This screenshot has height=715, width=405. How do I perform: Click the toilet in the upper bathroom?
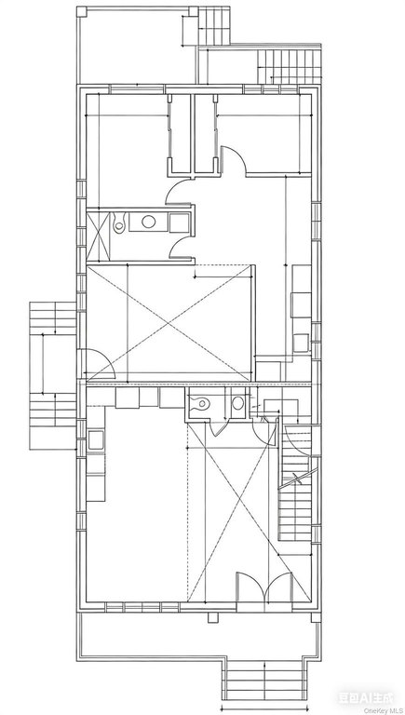pos(119,224)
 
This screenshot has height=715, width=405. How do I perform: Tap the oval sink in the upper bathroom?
pos(147,222)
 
